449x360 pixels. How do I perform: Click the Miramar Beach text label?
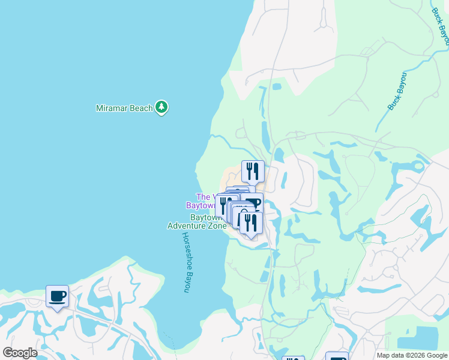(124, 108)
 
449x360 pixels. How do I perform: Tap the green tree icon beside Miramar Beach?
(161, 107)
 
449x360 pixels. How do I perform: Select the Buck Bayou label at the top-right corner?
(441, 25)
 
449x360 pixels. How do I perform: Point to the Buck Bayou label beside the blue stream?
(397, 91)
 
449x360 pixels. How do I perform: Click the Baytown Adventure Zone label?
(197, 221)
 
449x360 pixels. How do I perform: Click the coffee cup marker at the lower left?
(58, 296)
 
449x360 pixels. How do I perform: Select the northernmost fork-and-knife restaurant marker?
(253, 171)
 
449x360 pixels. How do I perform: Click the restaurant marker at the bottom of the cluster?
(251, 223)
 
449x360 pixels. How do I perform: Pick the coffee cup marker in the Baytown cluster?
(254, 203)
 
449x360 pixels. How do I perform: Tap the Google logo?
(20, 353)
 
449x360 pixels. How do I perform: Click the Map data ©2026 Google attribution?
(412, 355)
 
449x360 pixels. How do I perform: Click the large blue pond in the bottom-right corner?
(426, 337)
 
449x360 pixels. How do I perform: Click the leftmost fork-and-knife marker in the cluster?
(225, 204)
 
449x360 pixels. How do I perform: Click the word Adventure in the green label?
(188, 226)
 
